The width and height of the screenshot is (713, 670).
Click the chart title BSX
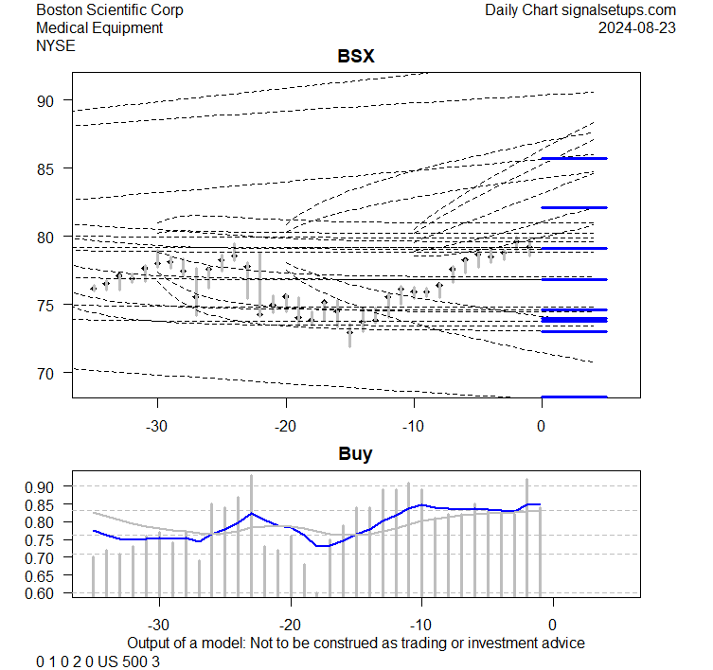click(356, 57)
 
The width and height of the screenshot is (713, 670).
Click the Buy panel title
click(356, 454)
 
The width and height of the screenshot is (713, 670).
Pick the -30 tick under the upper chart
click(157, 424)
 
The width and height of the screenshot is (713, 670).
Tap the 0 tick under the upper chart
click(542, 424)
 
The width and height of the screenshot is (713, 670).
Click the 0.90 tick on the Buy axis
click(42, 486)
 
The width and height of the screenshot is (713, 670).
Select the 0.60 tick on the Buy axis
click(42, 593)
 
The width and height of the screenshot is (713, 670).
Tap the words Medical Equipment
click(99, 28)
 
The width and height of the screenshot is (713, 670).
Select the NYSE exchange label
click(56, 45)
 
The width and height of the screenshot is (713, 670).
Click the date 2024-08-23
click(637, 28)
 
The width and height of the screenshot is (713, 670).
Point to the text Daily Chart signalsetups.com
click(580, 10)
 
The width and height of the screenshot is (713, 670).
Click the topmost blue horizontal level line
click(574, 158)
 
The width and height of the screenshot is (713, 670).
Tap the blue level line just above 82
click(574, 207)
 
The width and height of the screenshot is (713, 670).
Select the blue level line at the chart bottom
click(574, 397)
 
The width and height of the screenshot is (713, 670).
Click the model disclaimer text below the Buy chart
click(356, 643)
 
